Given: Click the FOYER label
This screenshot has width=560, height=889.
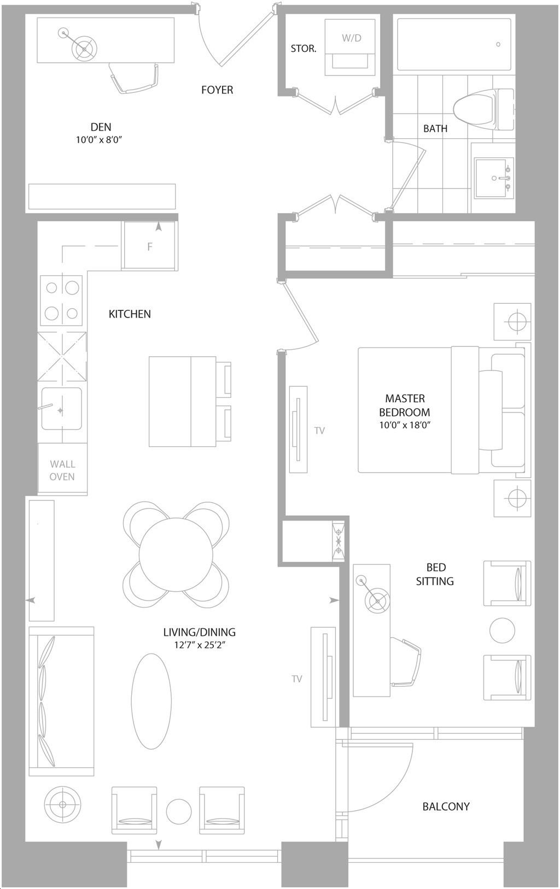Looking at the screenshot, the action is coord(217,90).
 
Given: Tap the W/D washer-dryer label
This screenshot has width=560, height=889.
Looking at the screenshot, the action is coord(352,38).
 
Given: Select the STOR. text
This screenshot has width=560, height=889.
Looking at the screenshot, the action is coord(304,49).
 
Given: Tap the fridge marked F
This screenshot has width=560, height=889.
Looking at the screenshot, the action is coord(150,246).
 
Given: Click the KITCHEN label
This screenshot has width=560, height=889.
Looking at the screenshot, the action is coord(130,314).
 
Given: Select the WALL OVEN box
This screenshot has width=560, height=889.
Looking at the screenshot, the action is coord(62,469).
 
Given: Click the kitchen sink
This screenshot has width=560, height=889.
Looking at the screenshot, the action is coord(62,409).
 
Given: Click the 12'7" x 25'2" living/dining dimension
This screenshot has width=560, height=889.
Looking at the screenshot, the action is coord(200,645).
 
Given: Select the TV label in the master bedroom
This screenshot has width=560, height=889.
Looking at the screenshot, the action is coord(319,431).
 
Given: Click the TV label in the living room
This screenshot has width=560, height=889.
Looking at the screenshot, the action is coord(297,679).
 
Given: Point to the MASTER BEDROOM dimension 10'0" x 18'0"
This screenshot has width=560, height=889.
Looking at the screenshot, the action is coord(405,426).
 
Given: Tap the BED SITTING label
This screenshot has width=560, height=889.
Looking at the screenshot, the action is coord(435,574).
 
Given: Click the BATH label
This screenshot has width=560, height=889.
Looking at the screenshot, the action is coord(435,128).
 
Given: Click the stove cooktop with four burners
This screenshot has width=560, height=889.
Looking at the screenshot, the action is coord(62,300).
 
